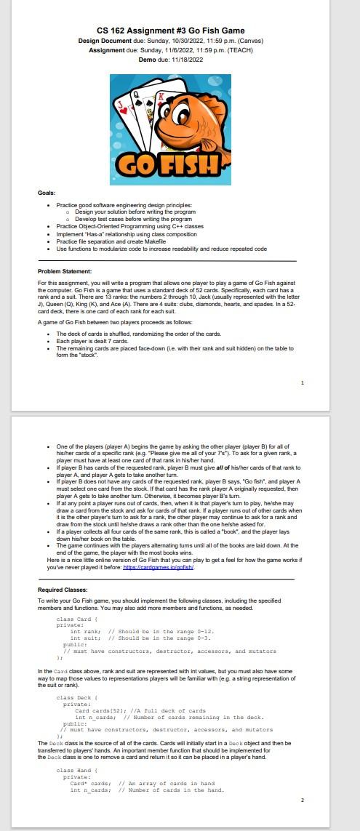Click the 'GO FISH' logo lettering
point(171,161)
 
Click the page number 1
point(303,382)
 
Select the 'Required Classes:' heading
point(63,589)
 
